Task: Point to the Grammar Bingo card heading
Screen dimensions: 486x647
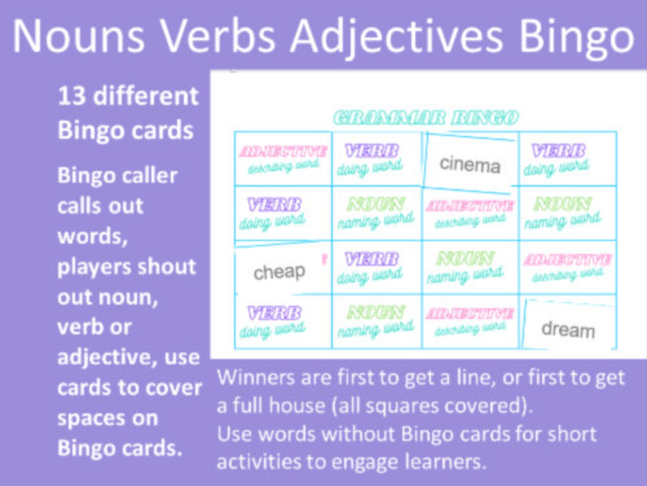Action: [x=426, y=118]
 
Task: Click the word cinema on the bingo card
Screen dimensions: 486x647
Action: [x=470, y=164]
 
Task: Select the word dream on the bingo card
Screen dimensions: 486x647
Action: [x=568, y=329]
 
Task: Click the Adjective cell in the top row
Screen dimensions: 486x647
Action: [x=283, y=158]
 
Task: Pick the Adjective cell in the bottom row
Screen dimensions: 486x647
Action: [x=470, y=321]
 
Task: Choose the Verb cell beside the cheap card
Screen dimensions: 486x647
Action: [x=371, y=268]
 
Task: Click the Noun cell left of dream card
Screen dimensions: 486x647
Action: [x=376, y=321]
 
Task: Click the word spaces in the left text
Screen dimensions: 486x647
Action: [x=107, y=418]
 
